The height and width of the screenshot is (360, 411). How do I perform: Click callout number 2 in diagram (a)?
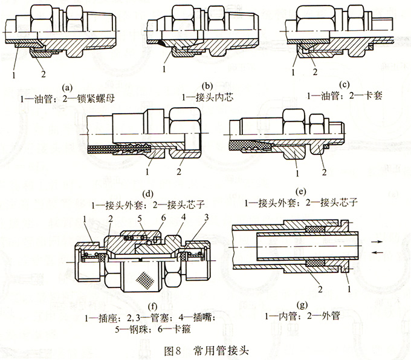click(x=42, y=74)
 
